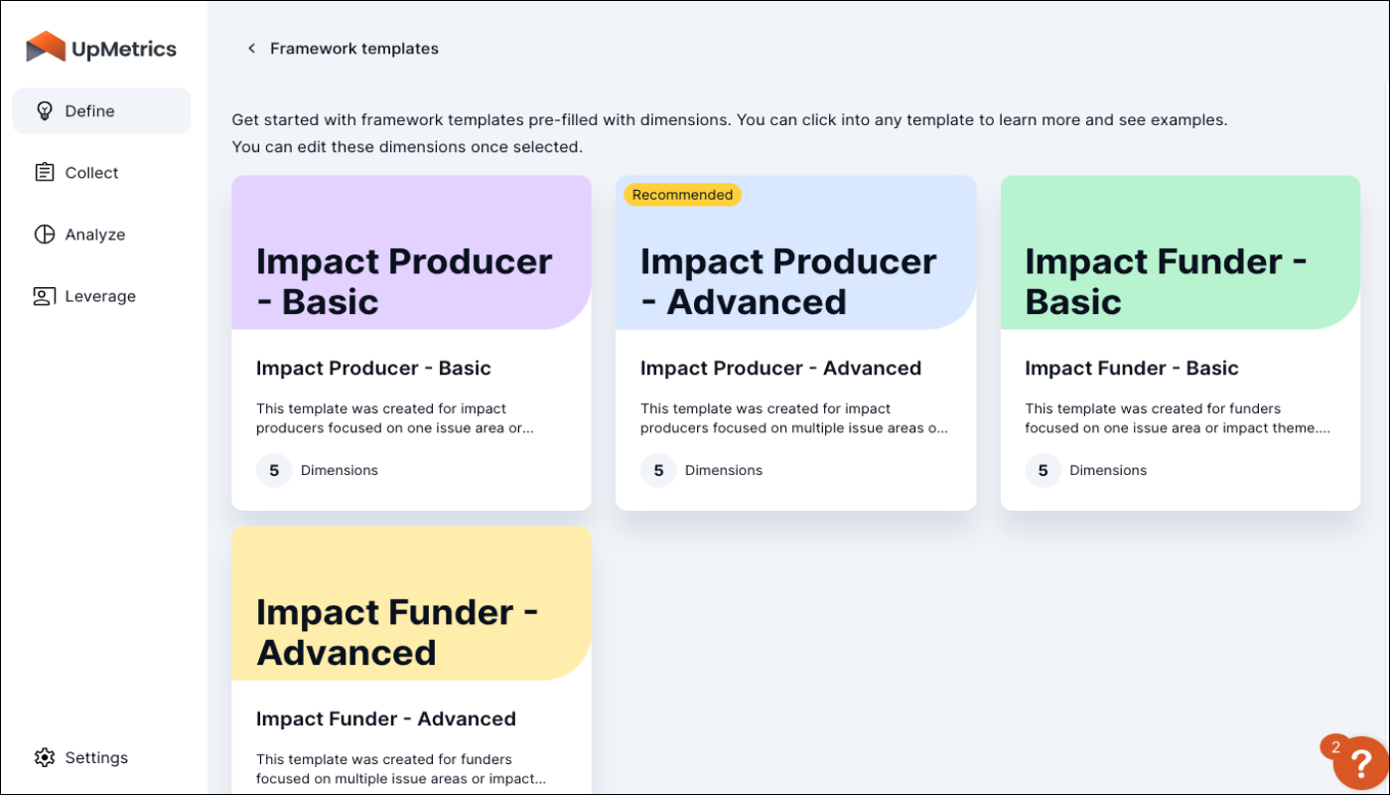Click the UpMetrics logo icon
tap(46, 48)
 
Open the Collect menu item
tap(91, 173)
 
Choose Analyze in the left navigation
tap(94, 235)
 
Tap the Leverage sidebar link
tap(99, 296)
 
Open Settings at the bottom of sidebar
tap(96, 757)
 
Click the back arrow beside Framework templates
tap(251, 49)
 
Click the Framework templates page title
tap(353, 49)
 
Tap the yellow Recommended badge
tap(682, 195)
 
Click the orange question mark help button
tap(1359, 763)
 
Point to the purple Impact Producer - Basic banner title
tap(403, 281)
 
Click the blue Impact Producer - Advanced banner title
tap(787, 281)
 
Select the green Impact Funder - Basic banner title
tap(1165, 281)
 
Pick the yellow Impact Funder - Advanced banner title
tap(396, 632)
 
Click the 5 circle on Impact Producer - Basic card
tap(274, 470)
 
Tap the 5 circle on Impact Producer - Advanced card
tap(658, 470)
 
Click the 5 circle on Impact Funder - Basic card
tap(1042, 470)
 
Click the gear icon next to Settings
tap(44, 757)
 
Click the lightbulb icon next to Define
tap(44, 110)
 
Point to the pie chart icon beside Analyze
tap(44, 235)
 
